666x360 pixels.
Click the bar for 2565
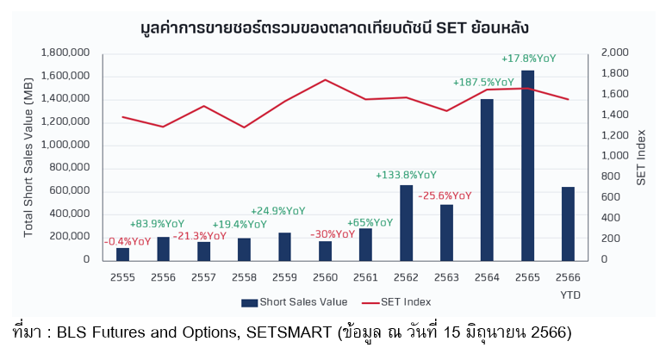(x=527, y=164)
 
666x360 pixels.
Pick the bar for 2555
(x=123, y=253)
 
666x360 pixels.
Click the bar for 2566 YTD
(x=568, y=223)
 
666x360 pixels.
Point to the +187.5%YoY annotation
(x=483, y=83)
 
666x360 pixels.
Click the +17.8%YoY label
(x=528, y=59)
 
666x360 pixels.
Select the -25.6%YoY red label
(x=445, y=196)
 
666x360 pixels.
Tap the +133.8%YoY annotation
(x=406, y=175)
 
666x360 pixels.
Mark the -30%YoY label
(x=332, y=233)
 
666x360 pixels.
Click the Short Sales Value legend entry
(x=294, y=301)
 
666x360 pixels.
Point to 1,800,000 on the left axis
(x=66, y=53)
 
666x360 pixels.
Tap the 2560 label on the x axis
(x=325, y=276)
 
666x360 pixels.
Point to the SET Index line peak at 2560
(x=325, y=79)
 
